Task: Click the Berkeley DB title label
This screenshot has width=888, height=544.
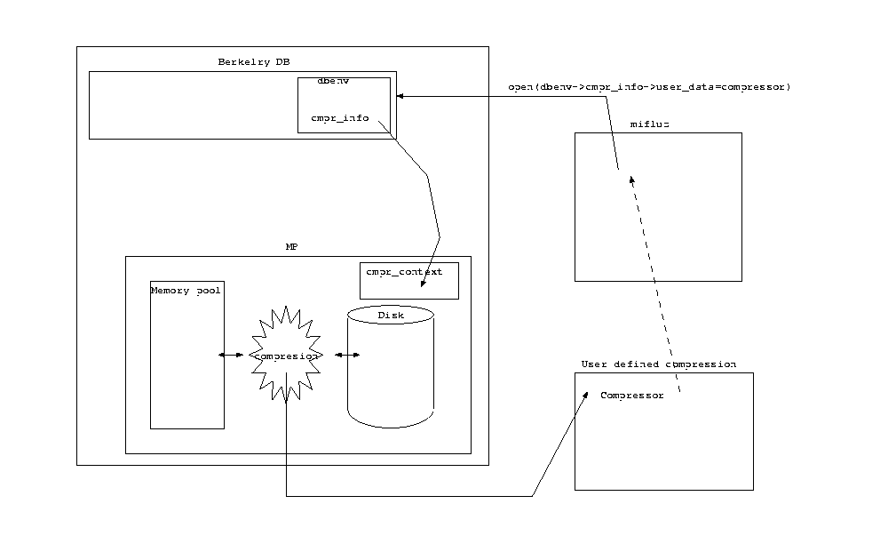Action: [254, 61]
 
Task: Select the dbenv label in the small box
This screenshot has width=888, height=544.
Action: [333, 81]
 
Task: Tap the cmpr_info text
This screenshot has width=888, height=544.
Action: [339, 117]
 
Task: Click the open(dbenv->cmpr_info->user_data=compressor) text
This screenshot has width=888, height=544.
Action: [648, 87]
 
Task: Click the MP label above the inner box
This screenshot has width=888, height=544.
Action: [291, 246]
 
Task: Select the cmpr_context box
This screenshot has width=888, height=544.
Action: [409, 281]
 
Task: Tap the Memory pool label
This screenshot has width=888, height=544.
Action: [186, 291]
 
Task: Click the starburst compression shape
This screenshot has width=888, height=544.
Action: [286, 356]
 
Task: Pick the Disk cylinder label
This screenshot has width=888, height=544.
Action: [391, 316]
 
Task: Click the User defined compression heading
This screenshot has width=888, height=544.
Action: [658, 364]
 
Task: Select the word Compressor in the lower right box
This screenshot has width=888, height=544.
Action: [631, 396]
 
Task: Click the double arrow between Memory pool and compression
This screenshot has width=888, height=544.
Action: [231, 356]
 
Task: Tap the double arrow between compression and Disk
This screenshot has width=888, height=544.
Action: [347, 356]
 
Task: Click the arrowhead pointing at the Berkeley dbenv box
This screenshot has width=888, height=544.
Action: [400, 96]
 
